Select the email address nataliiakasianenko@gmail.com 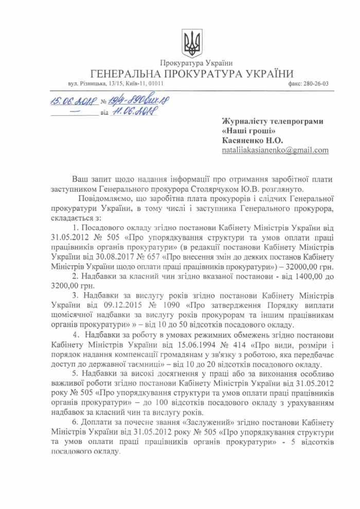(x=275, y=150)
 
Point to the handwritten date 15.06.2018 (x=74, y=101)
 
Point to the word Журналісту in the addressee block (x=245, y=122)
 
